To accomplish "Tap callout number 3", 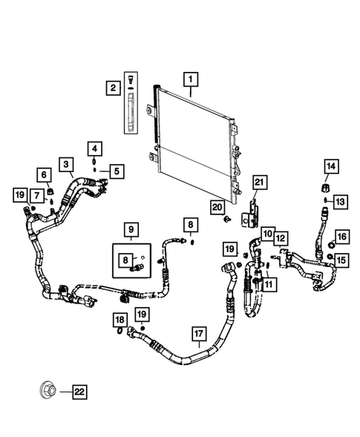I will point(67,164).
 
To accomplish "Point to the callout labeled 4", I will point(96,148).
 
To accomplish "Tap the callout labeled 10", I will point(267,232).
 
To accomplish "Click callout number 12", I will point(281,237).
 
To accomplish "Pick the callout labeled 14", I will point(330,165).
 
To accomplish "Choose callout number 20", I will point(217,207).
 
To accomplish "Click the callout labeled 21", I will point(259,183).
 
